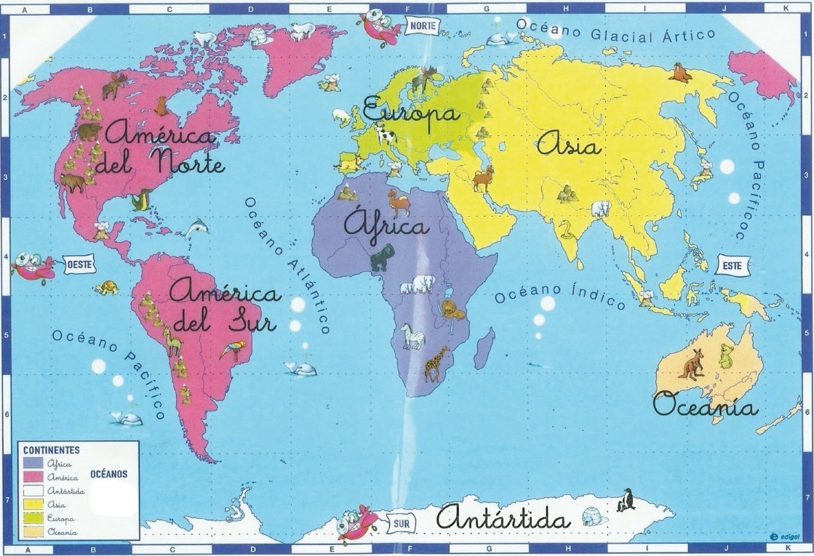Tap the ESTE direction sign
point(733,266)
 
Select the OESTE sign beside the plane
point(79,265)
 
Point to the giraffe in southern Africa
point(436,363)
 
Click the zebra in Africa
point(412,336)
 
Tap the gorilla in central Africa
point(382,257)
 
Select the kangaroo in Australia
point(691,363)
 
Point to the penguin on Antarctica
point(625,500)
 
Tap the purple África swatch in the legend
point(33,463)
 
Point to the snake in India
point(564,230)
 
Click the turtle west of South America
point(108,287)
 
